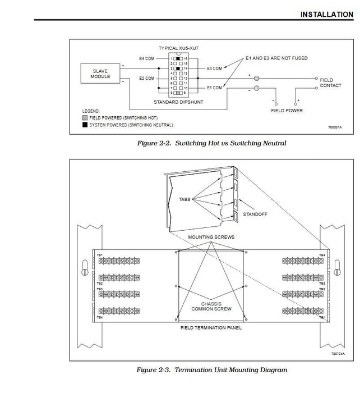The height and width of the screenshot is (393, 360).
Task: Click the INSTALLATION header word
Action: click(x=327, y=14)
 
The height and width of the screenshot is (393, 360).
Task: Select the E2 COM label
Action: click(x=146, y=79)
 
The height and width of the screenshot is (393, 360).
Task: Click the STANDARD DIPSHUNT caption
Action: click(x=178, y=102)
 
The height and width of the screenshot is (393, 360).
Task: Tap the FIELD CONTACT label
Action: click(x=326, y=83)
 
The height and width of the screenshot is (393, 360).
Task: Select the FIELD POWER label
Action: click(x=287, y=111)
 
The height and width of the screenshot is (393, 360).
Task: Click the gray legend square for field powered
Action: click(x=84, y=118)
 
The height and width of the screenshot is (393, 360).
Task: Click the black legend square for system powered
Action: click(x=84, y=125)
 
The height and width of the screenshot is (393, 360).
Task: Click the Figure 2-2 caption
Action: click(x=211, y=144)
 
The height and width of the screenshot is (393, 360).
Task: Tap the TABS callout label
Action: click(x=185, y=199)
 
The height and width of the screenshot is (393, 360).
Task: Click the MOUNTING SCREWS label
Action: click(x=211, y=237)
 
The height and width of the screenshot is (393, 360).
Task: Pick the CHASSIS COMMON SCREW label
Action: click(x=211, y=306)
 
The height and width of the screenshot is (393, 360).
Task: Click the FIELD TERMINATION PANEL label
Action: click(x=211, y=327)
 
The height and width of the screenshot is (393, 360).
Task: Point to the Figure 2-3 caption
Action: click(x=211, y=370)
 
